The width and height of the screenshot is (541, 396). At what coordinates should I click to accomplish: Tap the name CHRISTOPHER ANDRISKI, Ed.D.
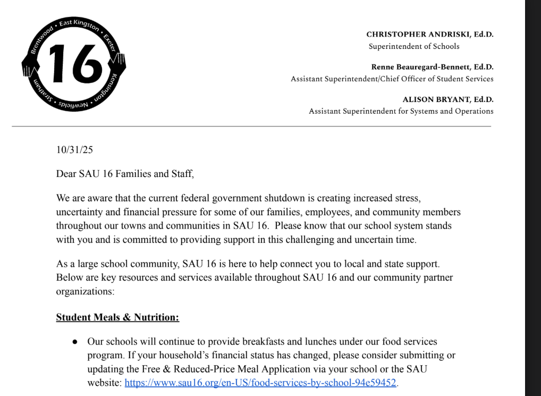pyautogui.click(x=429, y=35)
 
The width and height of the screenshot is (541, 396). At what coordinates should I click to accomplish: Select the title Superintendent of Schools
pyautogui.click(x=414, y=46)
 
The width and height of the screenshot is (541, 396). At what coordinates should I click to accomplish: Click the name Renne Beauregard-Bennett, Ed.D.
pyautogui.click(x=432, y=67)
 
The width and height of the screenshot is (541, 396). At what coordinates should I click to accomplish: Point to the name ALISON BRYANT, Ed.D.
pyautogui.click(x=448, y=99)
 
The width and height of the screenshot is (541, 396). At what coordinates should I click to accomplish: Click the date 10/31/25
pyautogui.click(x=74, y=150)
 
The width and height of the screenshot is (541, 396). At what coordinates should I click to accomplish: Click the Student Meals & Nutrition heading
pyautogui.click(x=117, y=317)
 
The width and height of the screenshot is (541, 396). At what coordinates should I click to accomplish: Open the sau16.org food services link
pyautogui.click(x=260, y=383)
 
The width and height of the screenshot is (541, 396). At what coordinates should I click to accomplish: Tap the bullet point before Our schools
pyautogui.click(x=75, y=342)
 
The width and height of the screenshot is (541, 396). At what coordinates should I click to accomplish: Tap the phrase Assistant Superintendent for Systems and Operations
pyautogui.click(x=401, y=111)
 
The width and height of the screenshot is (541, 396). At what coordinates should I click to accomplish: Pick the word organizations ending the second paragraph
pyautogui.click(x=84, y=291)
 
